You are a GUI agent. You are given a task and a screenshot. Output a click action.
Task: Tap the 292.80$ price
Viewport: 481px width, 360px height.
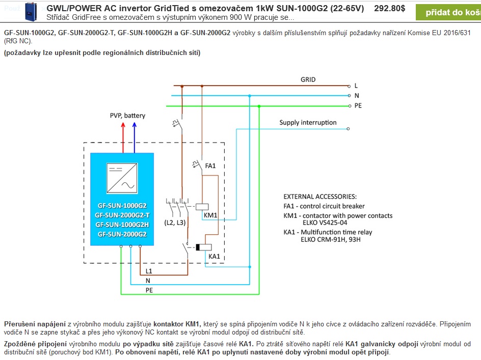pyautogui.click(x=389, y=9)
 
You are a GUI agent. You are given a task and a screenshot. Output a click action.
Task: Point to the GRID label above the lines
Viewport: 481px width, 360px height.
pyautogui.click(x=308, y=79)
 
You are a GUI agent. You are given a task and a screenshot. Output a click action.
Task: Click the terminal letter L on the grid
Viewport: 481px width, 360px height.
pyautogui.click(x=356, y=86)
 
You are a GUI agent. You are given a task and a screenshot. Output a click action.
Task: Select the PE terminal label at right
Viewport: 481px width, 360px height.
pyautogui.click(x=358, y=105)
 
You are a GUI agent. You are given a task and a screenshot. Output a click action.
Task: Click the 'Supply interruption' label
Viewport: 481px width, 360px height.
pyautogui.click(x=308, y=123)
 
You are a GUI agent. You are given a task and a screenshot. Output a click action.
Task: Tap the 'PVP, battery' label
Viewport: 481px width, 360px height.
pyautogui.click(x=127, y=116)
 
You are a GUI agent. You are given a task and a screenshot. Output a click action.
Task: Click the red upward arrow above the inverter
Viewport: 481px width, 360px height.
pyautogui.click(x=123, y=136)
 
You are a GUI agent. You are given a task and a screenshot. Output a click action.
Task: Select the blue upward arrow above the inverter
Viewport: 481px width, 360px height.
pyautogui.click(x=135, y=136)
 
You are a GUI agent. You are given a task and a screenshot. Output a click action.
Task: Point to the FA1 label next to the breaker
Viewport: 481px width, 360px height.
pyautogui.click(x=210, y=166)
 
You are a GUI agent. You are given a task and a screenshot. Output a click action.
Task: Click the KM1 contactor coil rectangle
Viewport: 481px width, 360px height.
pyautogui.click(x=202, y=206)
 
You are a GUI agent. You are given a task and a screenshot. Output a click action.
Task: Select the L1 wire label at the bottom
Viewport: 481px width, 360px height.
pyautogui.click(x=149, y=271)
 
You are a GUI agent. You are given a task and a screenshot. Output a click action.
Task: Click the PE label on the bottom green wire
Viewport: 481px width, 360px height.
pyautogui.click(x=149, y=290)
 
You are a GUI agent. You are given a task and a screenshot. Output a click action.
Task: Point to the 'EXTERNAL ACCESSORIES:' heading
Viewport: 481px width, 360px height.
pyautogui.click(x=320, y=197)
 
